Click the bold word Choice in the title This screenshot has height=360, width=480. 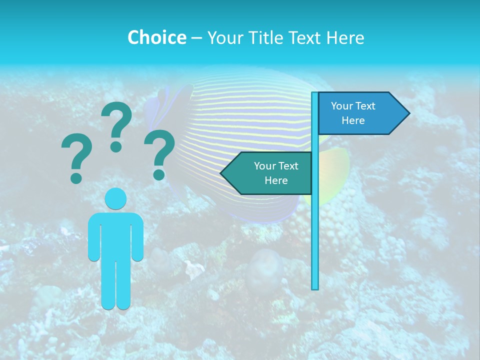pos(156,37)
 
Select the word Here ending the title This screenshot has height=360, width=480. pos(345,37)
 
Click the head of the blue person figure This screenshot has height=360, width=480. pos(116,198)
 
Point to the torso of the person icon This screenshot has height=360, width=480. pos(116,235)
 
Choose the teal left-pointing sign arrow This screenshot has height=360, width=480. pos(270,173)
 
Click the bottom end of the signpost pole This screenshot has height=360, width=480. pos(315,287)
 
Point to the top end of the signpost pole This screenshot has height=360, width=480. pos(315,94)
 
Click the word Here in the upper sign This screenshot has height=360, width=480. pos(353,120)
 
